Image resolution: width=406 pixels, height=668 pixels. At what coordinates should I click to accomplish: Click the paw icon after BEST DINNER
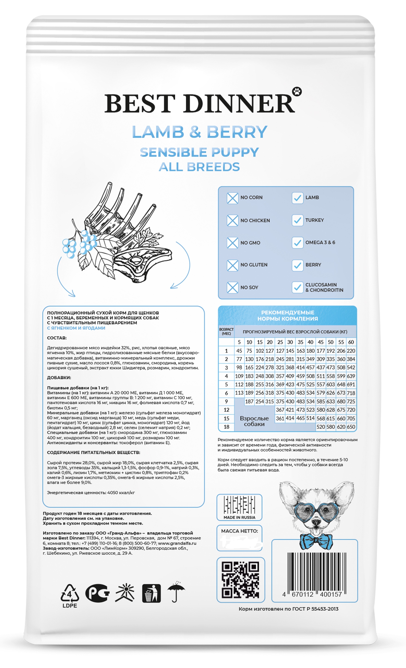click(x=297, y=91)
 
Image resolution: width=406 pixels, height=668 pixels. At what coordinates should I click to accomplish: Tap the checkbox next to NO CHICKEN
click(x=232, y=220)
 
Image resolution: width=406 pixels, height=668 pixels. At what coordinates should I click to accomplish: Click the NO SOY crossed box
click(x=232, y=287)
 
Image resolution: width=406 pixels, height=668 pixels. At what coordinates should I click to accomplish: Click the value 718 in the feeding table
click(x=351, y=393)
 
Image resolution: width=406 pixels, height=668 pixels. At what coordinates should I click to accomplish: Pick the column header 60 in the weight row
click(x=351, y=342)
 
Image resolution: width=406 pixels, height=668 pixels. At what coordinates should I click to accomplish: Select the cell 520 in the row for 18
click(x=321, y=427)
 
